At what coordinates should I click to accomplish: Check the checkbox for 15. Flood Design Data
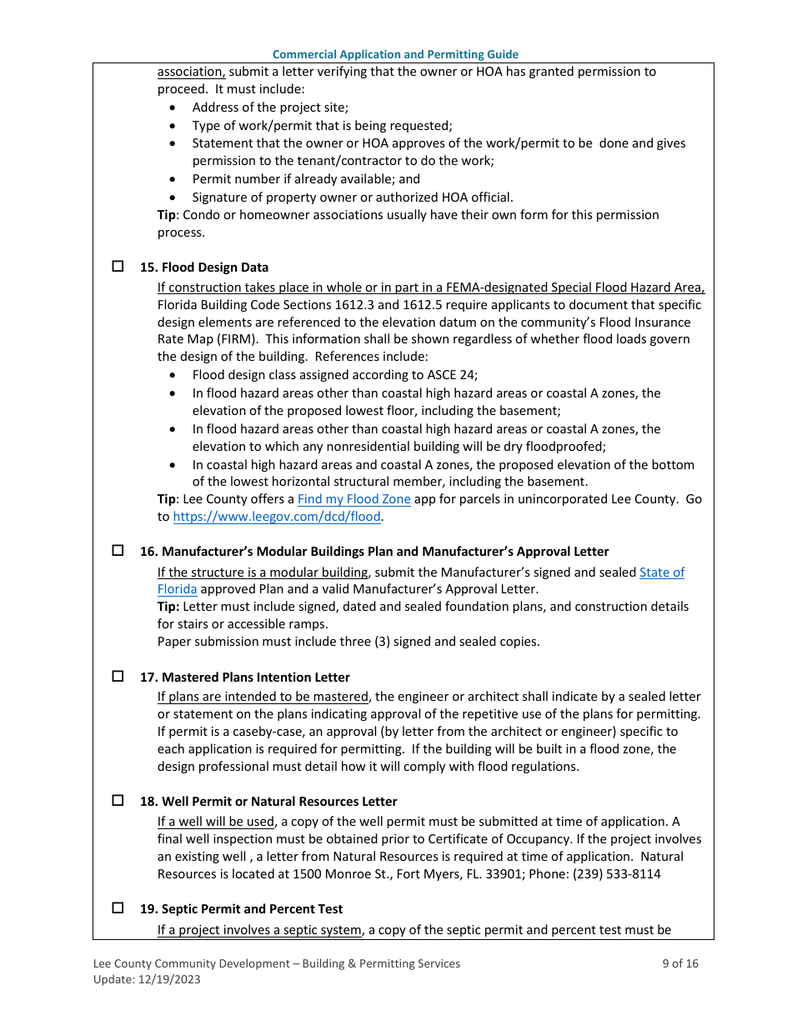[x=118, y=267]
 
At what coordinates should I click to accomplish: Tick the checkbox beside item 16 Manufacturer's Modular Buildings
[x=118, y=551]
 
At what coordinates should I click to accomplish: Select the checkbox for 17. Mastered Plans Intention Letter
[x=118, y=676]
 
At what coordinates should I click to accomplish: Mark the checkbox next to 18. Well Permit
[x=118, y=800]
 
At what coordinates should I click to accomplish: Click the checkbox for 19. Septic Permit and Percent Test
[x=118, y=907]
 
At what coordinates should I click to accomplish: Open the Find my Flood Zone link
[x=353, y=499]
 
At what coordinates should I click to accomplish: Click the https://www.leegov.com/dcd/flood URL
[x=277, y=517]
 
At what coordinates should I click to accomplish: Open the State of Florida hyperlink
[x=661, y=572]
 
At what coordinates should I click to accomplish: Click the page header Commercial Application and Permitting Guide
[x=395, y=54]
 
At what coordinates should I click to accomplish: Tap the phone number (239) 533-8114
[x=613, y=874]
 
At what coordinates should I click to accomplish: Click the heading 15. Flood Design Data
[x=204, y=267]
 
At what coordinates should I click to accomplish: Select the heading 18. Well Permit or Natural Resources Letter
[x=268, y=801]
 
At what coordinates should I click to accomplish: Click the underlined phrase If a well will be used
[x=216, y=822]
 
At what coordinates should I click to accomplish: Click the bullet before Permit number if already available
[x=173, y=179]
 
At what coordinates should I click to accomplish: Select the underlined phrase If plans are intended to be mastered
[x=263, y=697]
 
